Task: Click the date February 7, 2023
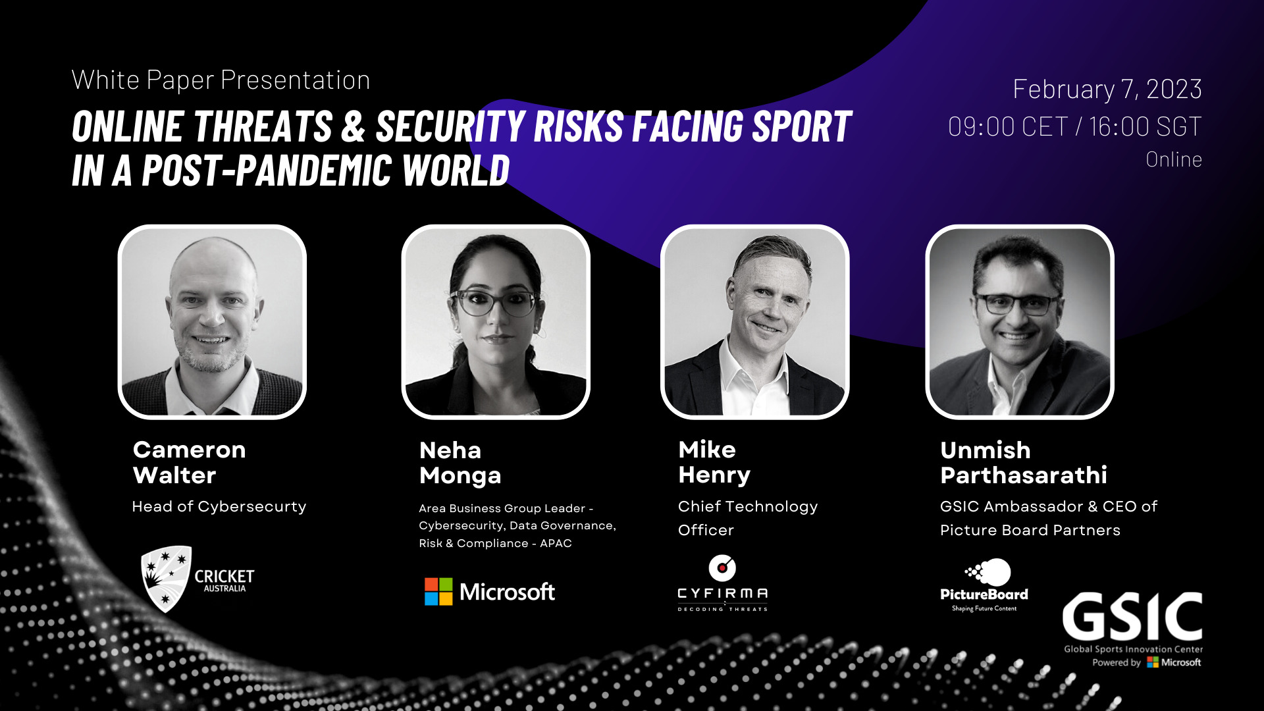click(x=1107, y=89)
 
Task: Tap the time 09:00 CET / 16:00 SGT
click(x=1075, y=126)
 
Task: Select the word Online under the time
click(x=1174, y=159)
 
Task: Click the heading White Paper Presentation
click(x=221, y=80)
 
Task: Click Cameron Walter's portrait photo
click(x=212, y=322)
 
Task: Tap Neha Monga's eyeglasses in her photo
click(x=495, y=302)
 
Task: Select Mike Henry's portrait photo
click(x=754, y=322)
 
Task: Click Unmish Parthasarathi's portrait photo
click(x=1019, y=322)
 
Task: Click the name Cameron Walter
click(x=190, y=462)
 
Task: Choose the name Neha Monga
click(x=460, y=463)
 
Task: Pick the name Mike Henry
click(x=714, y=462)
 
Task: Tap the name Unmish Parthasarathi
click(x=1024, y=462)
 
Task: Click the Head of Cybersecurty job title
click(x=219, y=506)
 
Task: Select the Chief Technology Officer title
click(x=748, y=518)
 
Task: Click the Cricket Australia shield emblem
click(x=165, y=579)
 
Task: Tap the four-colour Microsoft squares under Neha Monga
click(x=438, y=591)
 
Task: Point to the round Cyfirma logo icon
click(x=722, y=567)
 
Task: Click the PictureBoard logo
click(x=984, y=585)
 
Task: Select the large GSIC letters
click(x=1132, y=616)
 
